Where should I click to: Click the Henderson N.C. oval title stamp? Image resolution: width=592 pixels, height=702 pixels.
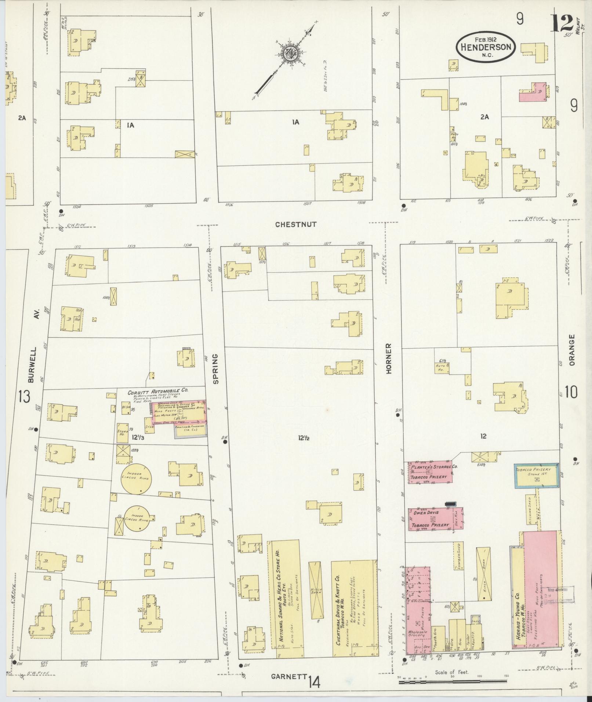point(486,47)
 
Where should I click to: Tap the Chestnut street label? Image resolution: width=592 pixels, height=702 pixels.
point(296,225)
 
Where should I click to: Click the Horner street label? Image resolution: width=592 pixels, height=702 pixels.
point(389,359)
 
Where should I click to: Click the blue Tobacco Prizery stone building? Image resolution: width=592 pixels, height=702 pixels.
point(537,476)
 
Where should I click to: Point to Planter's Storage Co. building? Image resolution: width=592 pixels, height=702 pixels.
point(430,472)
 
